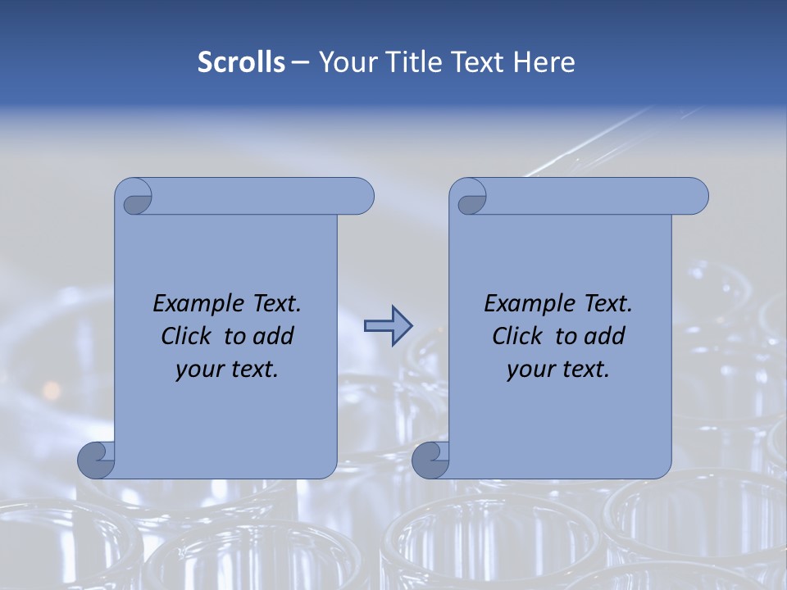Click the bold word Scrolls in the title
pyautogui.click(x=242, y=62)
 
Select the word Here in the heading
pyautogui.click(x=544, y=62)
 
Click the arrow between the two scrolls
pyautogui.click(x=388, y=325)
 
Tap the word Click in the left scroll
pyautogui.click(x=184, y=336)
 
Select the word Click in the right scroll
pyautogui.click(x=516, y=336)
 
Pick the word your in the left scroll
pyautogui.click(x=197, y=370)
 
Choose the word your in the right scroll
pyautogui.click(x=528, y=370)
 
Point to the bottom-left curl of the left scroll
pyautogui.click(x=95, y=459)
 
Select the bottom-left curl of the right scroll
pyautogui.click(x=430, y=459)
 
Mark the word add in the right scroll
pyautogui.click(x=606, y=336)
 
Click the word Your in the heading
pyautogui.click(x=344, y=62)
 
